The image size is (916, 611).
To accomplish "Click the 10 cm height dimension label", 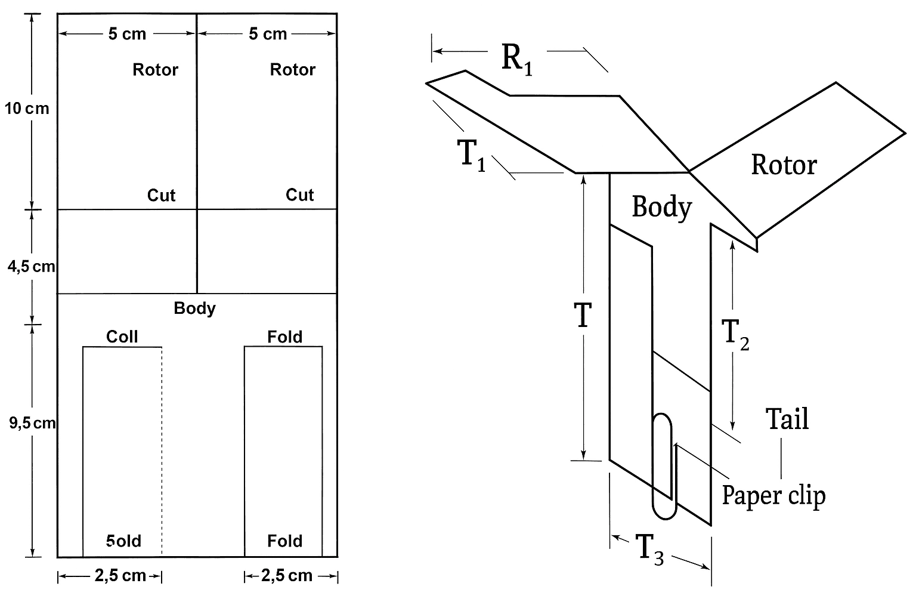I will click(x=27, y=109).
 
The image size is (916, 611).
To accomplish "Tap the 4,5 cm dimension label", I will click(x=31, y=266).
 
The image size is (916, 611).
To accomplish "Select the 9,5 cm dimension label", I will click(x=32, y=423).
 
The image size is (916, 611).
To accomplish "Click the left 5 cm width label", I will click(x=127, y=34).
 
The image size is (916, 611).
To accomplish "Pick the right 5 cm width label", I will click(x=268, y=34).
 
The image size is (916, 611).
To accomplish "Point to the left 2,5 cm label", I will click(x=120, y=575).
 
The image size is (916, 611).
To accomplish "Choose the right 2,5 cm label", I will click(x=287, y=575).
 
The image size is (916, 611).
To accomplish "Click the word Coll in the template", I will click(x=122, y=337).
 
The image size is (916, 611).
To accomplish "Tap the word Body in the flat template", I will click(x=194, y=308).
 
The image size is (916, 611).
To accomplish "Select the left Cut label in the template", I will click(x=161, y=195).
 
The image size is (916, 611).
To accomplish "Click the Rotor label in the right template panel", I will click(x=292, y=70).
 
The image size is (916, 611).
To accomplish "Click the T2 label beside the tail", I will click(x=735, y=334).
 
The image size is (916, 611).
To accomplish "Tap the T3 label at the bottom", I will click(x=649, y=549).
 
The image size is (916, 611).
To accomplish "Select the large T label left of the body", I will click(x=582, y=316).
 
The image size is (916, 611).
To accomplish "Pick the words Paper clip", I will click(x=773, y=495).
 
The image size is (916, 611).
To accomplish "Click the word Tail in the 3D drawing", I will click(x=787, y=419).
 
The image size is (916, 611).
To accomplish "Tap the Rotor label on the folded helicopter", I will click(x=783, y=165).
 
